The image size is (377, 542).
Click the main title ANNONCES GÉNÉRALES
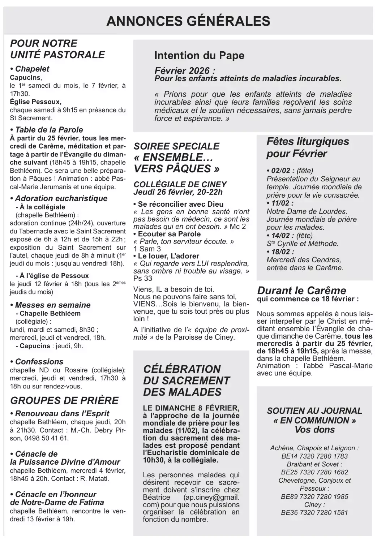tap(188, 21)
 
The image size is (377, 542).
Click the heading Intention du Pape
tap(199, 55)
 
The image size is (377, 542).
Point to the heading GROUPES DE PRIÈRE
tap(64, 400)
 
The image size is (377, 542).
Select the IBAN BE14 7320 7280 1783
tap(314, 456)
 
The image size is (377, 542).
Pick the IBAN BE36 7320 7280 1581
tap(314, 512)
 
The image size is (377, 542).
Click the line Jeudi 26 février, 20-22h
tap(178, 192)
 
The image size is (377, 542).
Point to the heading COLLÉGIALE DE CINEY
tap(180, 184)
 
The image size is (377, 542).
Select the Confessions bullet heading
tap(37, 361)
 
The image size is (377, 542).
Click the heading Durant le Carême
tap(301, 290)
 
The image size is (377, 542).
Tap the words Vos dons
tap(314, 430)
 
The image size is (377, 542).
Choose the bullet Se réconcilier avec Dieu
tap(179, 204)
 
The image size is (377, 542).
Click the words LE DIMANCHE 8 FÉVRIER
tap(190, 408)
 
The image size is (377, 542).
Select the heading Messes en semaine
tap(51, 305)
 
